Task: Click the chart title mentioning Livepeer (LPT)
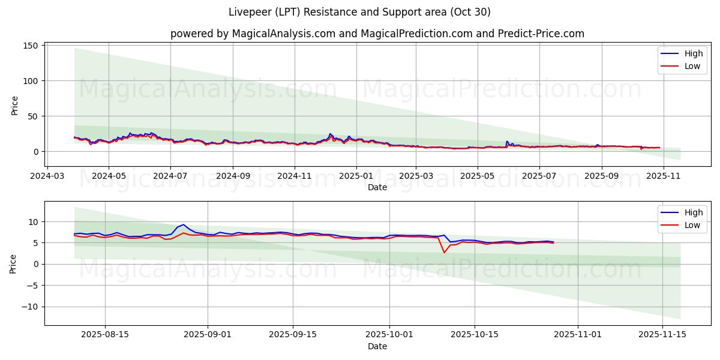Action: (x=359, y=12)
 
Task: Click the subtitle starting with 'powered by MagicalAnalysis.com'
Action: (x=377, y=34)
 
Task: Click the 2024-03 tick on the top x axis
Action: (x=47, y=176)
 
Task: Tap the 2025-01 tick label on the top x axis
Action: (x=356, y=176)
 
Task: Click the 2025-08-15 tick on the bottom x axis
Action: (x=105, y=335)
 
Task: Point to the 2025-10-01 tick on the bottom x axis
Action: (x=389, y=335)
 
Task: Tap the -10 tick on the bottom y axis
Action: (x=30, y=307)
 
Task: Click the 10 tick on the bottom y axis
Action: (x=33, y=222)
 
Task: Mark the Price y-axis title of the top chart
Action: (x=15, y=106)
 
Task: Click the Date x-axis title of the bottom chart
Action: (x=377, y=346)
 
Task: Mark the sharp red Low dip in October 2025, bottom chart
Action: (x=444, y=253)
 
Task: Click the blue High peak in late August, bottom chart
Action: (x=184, y=224)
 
